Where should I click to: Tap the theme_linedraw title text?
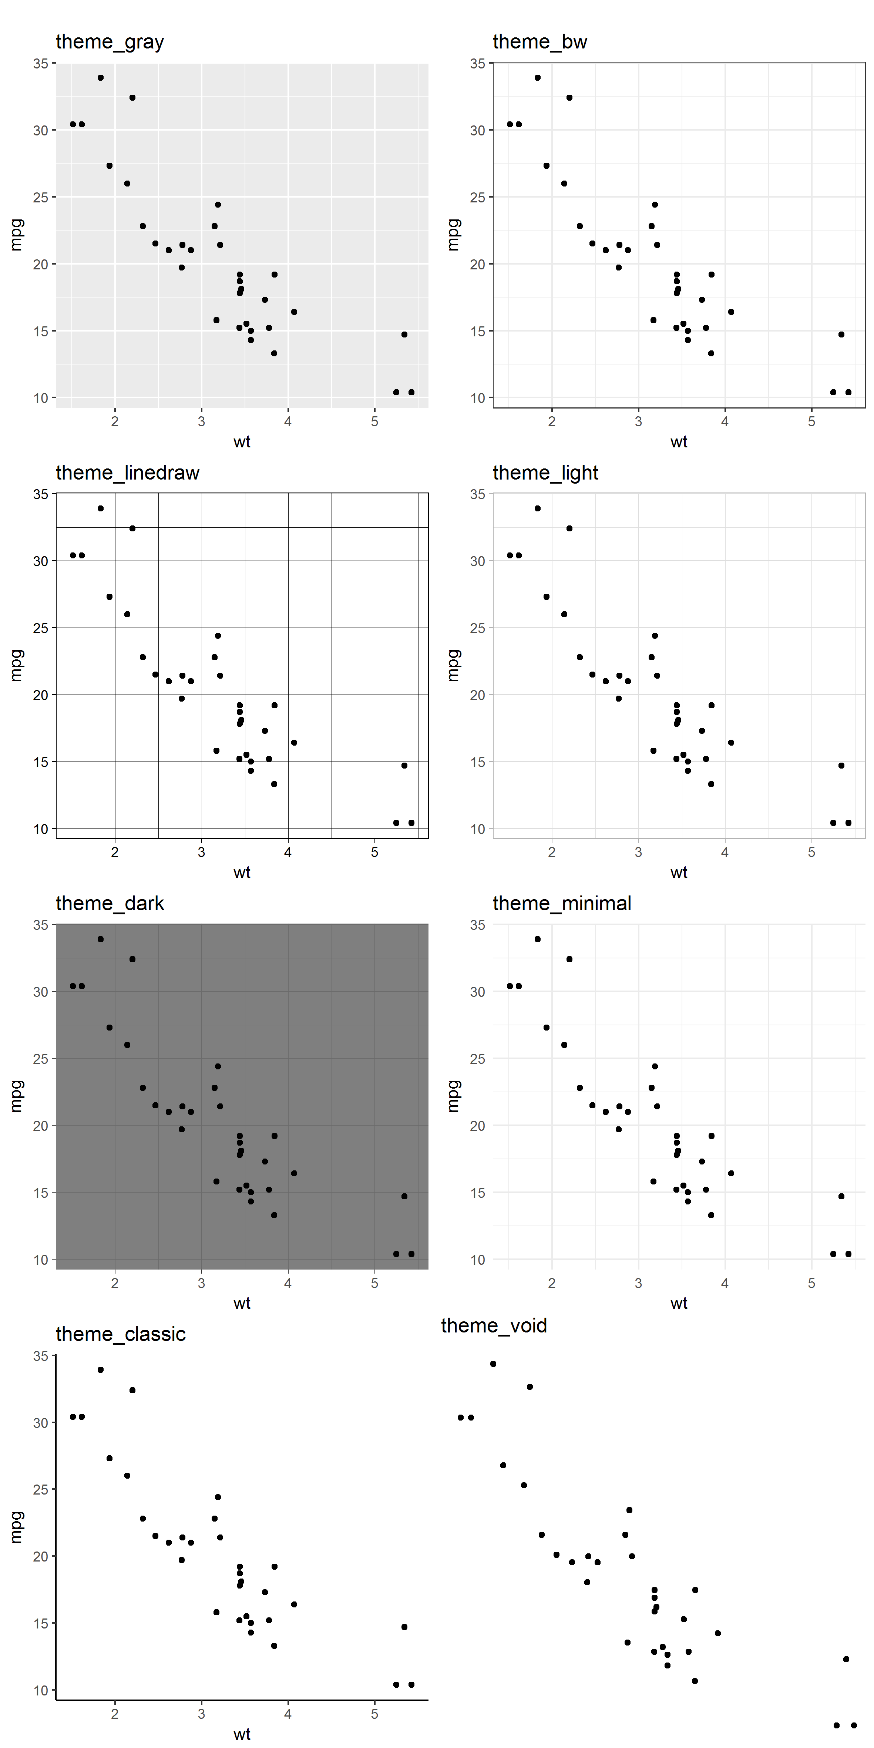(x=128, y=473)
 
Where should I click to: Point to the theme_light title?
(x=545, y=473)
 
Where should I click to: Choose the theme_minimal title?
(x=561, y=904)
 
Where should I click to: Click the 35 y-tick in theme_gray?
(x=41, y=64)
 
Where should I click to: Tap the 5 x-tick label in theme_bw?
(x=811, y=421)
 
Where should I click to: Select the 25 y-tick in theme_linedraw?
(x=41, y=628)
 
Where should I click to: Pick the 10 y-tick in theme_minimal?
(x=478, y=1260)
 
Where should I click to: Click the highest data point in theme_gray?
(x=100, y=78)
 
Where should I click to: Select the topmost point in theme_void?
(x=493, y=1364)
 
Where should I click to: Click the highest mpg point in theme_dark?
(x=100, y=939)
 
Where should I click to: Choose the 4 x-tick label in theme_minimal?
(x=725, y=1283)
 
